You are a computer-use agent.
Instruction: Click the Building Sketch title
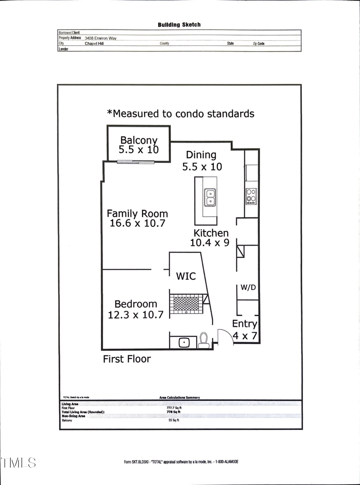(x=179, y=25)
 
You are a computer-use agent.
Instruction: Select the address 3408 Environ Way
(x=100, y=38)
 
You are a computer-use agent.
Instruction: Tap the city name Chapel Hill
(x=94, y=44)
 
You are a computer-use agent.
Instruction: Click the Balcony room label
(x=139, y=140)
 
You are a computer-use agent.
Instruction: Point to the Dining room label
(x=201, y=155)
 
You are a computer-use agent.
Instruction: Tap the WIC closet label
(x=186, y=276)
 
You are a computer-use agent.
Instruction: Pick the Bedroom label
(x=135, y=304)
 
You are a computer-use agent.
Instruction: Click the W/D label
(x=247, y=287)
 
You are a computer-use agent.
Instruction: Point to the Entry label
(x=245, y=323)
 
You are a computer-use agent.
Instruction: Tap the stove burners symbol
(x=251, y=195)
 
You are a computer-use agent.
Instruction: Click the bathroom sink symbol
(x=184, y=342)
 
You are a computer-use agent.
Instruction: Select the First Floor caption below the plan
(x=127, y=359)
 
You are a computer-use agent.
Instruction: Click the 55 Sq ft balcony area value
(x=173, y=420)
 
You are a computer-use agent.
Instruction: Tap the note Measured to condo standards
(x=180, y=113)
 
